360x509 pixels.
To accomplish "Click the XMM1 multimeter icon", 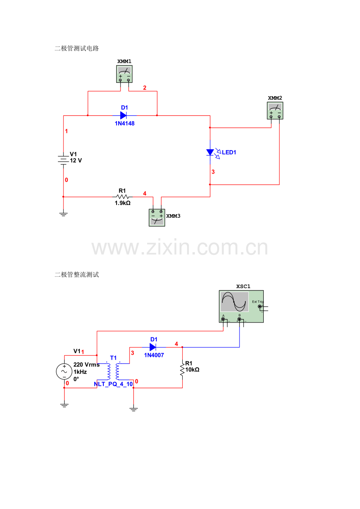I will click(124, 74).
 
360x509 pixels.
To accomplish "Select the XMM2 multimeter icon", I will click(275, 111).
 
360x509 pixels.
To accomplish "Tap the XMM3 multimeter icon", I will click(157, 217).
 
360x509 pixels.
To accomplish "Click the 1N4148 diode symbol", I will click(123, 115).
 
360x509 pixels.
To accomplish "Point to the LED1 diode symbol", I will click(210, 152).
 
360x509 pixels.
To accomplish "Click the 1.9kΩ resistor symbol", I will click(122, 197).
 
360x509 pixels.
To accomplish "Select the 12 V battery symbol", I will click(63, 160).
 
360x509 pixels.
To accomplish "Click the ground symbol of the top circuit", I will click(63, 213).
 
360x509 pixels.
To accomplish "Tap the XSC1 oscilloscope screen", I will click(234, 302).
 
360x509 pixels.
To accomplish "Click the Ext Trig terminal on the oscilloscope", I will click(259, 306).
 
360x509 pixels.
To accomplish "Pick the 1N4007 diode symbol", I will click(153, 347).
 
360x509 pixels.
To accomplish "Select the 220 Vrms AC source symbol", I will click(64, 371).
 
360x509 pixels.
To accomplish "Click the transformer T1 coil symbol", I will click(113, 371).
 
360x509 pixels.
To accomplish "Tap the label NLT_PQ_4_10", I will click(113, 384).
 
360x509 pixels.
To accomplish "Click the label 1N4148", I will click(124, 123).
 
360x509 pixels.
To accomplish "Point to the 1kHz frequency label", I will click(80, 372).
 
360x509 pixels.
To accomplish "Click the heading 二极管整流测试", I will click(77, 275).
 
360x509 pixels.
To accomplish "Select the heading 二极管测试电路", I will click(77, 48).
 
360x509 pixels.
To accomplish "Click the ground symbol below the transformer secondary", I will click(134, 409).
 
